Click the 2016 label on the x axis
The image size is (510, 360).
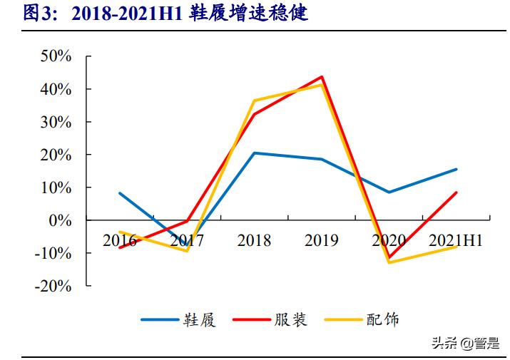click(x=119, y=240)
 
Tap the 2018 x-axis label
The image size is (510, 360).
click(x=254, y=240)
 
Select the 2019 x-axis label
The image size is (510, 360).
click(x=322, y=240)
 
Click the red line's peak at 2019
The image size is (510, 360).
click(x=322, y=77)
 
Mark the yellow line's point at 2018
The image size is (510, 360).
click(x=255, y=101)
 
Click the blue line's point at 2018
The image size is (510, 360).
click(x=255, y=153)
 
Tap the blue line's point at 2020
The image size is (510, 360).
click(x=389, y=192)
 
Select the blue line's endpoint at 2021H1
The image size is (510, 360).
click(x=457, y=169)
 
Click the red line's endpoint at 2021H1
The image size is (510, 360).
click(x=457, y=192)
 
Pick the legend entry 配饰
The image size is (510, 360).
click(x=362, y=319)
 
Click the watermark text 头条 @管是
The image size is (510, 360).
click(x=465, y=344)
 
